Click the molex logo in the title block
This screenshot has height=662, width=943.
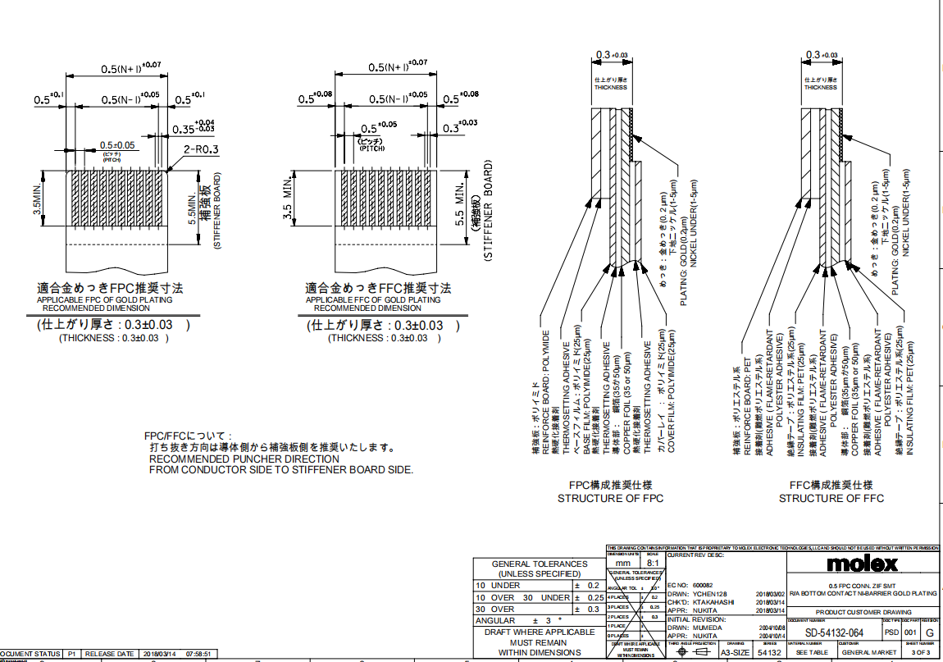[x=863, y=564]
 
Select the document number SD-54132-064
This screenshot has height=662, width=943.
[x=833, y=632]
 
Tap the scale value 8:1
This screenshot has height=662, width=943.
[x=653, y=564]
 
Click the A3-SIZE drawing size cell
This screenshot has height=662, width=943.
[x=735, y=652]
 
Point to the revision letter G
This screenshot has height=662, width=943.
[x=929, y=633]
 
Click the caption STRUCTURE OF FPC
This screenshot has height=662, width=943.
[x=610, y=498]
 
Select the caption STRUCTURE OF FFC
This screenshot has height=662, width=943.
[x=831, y=498]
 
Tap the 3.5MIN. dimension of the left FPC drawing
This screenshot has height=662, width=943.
[x=38, y=200]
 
